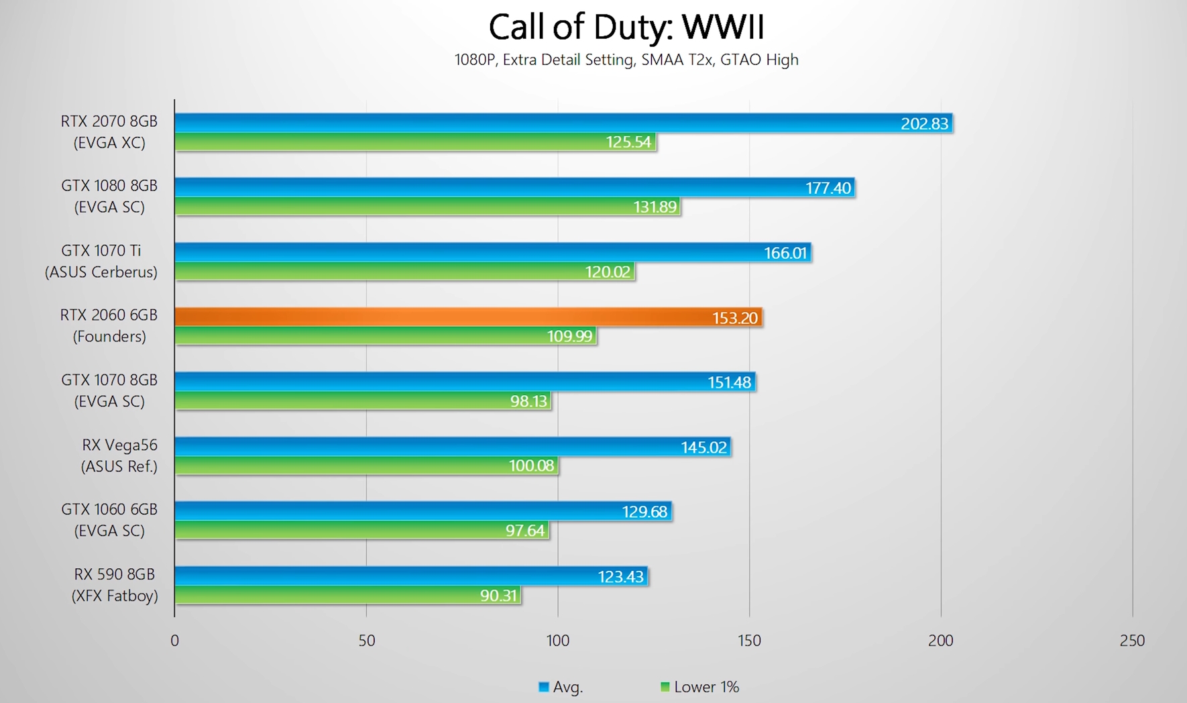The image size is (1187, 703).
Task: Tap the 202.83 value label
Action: tap(924, 123)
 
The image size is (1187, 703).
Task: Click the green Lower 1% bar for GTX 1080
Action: tap(402, 207)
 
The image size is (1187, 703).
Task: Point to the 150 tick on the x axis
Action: tap(749, 641)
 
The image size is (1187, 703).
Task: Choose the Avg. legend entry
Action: tap(561, 687)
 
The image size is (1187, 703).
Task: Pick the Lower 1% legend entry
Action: tap(700, 687)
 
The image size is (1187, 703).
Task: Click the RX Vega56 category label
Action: tap(119, 455)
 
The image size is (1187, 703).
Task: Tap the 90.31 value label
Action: tap(498, 596)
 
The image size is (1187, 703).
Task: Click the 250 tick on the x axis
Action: tap(1132, 641)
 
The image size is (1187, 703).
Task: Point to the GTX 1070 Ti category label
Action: tap(101, 261)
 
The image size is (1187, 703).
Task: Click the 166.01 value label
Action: tap(785, 253)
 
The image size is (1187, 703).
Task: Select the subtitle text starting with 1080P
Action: tap(626, 60)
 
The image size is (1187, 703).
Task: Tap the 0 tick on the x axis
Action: tap(174, 641)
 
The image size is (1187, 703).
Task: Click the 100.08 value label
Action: tap(531, 466)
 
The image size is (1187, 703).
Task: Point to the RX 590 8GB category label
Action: tap(115, 585)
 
